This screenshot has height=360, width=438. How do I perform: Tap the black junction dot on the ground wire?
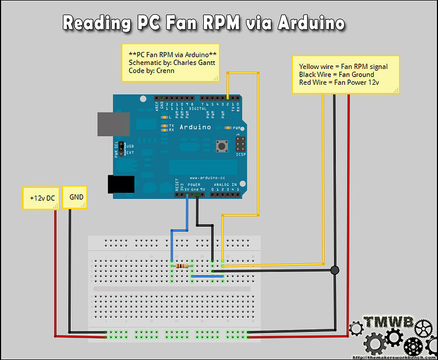[x=335, y=270]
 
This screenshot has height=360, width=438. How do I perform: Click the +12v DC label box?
[x=39, y=198]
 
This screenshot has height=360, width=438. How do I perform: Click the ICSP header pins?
[x=239, y=144]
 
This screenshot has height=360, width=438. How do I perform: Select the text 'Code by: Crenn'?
[x=151, y=71]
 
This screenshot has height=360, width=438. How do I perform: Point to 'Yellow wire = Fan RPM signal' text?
[x=339, y=67]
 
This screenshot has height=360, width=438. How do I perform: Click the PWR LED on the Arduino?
[x=228, y=127]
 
